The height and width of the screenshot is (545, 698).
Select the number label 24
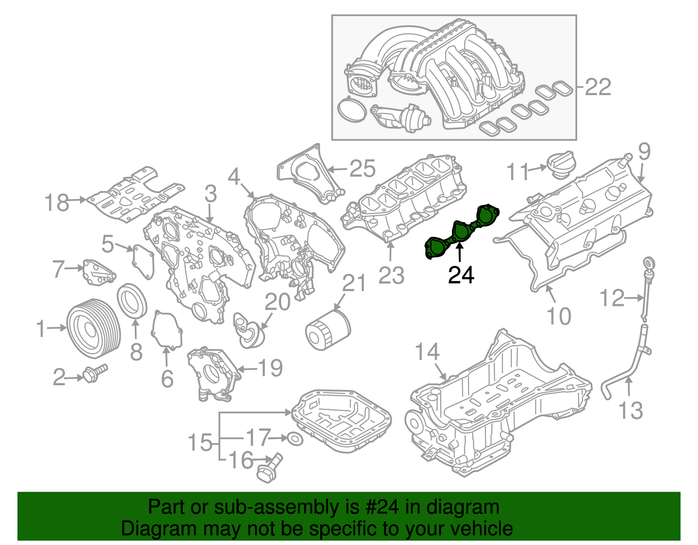[x=461, y=275]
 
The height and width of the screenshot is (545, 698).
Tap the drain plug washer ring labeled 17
[x=295, y=439]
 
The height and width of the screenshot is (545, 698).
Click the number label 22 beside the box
[x=598, y=87]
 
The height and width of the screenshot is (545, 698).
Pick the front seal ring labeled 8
[x=132, y=301]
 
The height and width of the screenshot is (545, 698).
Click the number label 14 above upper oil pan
[x=427, y=352]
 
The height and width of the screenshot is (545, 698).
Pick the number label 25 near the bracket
[x=363, y=168]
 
